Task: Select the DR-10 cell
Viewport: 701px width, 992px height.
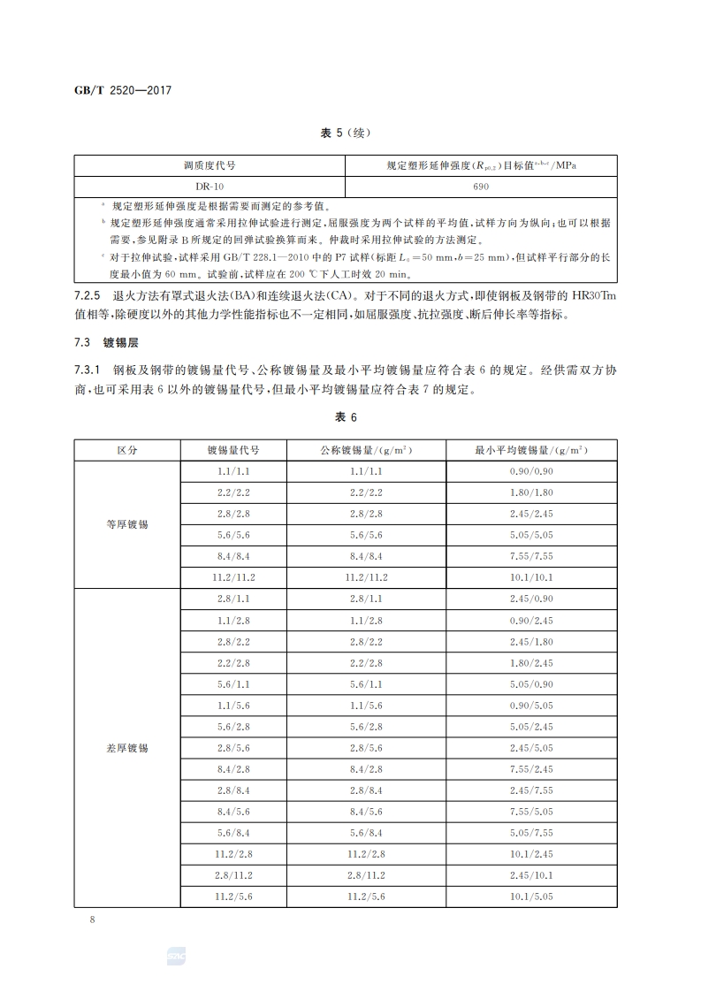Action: click(x=209, y=187)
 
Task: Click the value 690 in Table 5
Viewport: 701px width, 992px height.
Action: click(x=481, y=187)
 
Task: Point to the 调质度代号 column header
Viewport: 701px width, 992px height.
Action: click(x=209, y=165)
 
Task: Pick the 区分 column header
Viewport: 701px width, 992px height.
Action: click(x=127, y=450)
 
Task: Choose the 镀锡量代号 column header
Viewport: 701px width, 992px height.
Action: click(x=233, y=450)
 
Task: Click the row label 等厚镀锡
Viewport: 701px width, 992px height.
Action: click(x=127, y=524)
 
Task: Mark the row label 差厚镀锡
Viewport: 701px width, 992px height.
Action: click(x=127, y=748)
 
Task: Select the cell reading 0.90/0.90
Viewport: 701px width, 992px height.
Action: click(x=531, y=471)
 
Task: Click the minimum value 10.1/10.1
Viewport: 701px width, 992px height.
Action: click(x=531, y=577)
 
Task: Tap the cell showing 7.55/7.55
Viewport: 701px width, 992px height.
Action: click(x=531, y=556)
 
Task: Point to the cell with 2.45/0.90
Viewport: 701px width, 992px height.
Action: click(x=531, y=599)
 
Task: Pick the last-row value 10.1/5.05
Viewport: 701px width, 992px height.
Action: click(x=531, y=896)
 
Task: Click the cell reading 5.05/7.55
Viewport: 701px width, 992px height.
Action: click(x=531, y=832)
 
